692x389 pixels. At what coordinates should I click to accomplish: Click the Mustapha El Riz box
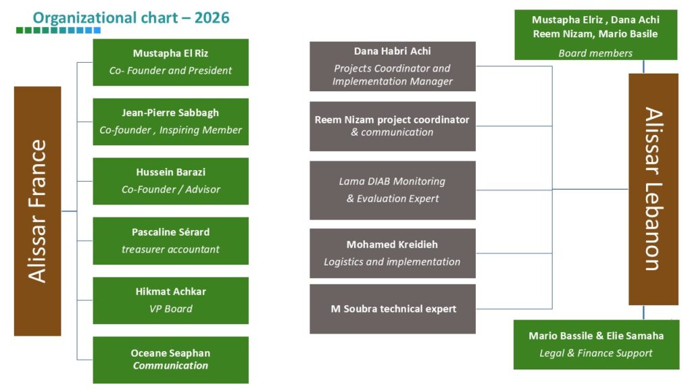[170, 62]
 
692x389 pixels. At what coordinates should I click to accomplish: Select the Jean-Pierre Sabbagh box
[170, 122]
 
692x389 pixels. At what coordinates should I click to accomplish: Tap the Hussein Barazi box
[170, 181]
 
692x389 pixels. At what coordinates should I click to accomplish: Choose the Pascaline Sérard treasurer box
[170, 241]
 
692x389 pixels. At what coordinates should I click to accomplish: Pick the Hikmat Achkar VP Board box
[170, 301]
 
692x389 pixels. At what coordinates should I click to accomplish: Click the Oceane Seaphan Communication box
[170, 360]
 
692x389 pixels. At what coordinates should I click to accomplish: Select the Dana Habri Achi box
[393, 66]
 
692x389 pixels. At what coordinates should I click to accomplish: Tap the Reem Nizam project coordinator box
[393, 126]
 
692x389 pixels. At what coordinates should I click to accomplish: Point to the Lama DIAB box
[393, 190]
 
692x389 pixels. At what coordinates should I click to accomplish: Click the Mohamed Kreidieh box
[393, 253]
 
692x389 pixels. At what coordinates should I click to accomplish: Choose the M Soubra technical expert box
[393, 309]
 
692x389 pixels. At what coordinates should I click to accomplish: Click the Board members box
[596, 35]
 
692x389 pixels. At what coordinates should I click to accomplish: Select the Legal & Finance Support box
[596, 344]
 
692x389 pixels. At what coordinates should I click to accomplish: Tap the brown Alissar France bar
[38, 211]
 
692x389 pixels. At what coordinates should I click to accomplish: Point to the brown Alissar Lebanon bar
[653, 189]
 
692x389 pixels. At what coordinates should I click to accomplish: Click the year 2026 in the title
[212, 18]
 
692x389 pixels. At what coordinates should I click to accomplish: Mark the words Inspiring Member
[200, 130]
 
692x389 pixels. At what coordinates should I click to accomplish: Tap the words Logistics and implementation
[392, 262]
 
